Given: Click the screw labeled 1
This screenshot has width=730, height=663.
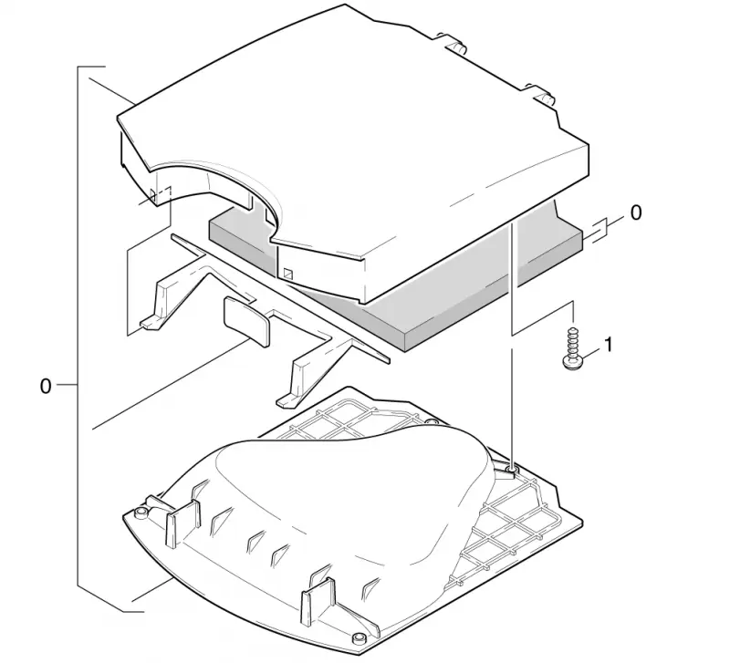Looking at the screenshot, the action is (572, 349).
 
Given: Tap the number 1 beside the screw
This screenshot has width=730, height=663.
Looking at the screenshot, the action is (608, 346).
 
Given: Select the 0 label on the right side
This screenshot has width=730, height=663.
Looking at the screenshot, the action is (635, 213).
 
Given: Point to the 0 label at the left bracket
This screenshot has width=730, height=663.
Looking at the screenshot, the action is (45, 386).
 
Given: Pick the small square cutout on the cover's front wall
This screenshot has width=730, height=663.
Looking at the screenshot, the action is (288, 274).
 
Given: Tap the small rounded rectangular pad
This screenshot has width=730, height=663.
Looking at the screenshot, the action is (246, 322).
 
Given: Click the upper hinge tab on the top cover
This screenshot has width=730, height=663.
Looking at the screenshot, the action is (454, 43).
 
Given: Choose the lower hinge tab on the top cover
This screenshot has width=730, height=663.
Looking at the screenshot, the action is (541, 95).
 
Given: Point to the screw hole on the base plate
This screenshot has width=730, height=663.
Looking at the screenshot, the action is (511, 471).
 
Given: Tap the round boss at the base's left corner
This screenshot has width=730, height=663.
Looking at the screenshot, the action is (141, 513).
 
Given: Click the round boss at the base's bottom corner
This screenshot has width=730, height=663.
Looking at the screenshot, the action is (359, 637).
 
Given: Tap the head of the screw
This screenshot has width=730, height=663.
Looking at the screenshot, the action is (572, 363).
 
